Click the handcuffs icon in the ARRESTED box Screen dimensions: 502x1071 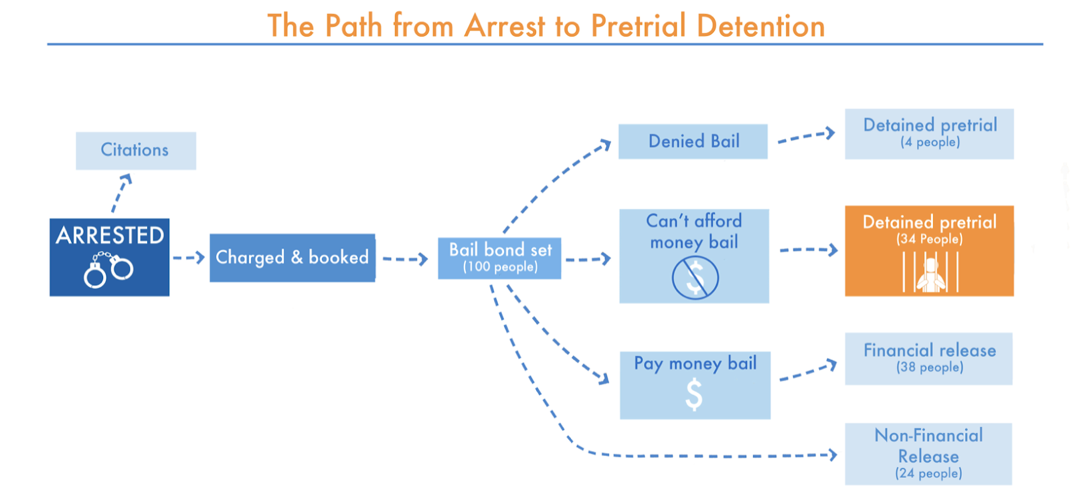(108, 270)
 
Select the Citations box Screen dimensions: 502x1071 (135, 150)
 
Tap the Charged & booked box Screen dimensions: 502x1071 (292, 258)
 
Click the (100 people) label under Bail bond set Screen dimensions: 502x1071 (500, 267)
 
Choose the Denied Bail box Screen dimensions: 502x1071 (693, 141)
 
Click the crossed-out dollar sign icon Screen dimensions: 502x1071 (695, 278)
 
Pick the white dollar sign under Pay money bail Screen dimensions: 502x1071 (694, 394)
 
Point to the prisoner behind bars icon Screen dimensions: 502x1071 (930, 273)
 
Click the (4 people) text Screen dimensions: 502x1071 (930, 142)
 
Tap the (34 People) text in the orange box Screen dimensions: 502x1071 (929, 239)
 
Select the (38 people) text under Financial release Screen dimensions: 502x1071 (930, 367)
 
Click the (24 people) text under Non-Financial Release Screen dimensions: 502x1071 (928, 473)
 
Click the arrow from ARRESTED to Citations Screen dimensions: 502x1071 (121, 192)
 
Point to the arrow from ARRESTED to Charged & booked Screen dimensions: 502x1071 (189, 258)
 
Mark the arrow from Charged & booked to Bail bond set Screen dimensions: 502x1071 (405, 259)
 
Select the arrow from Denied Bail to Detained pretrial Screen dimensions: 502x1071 (806, 137)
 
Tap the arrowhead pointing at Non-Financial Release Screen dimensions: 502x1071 (833, 455)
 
